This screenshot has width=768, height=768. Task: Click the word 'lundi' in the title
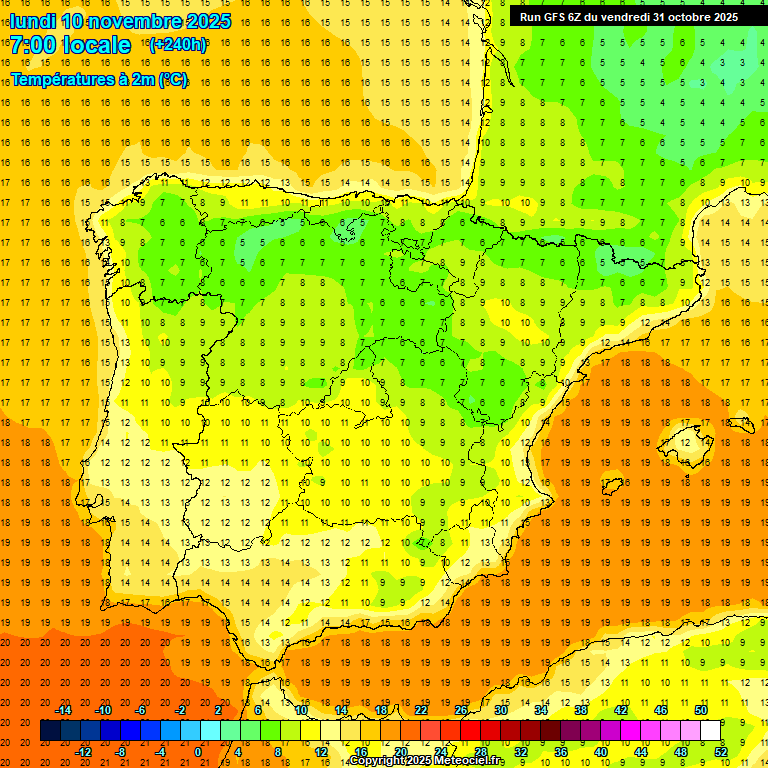(32, 21)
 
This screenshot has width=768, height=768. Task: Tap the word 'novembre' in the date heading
(135, 21)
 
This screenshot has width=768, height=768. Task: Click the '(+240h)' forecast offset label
(178, 45)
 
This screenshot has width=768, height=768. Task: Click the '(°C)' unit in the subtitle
(172, 80)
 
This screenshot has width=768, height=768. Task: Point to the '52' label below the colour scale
(721, 752)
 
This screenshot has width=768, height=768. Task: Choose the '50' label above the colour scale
(700, 710)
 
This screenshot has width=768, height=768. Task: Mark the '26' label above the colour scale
(461, 710)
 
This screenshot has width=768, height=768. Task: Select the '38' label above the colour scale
(580, 710)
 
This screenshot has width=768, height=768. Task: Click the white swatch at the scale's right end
(711, 731)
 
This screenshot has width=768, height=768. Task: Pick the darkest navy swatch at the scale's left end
(50, 731)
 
